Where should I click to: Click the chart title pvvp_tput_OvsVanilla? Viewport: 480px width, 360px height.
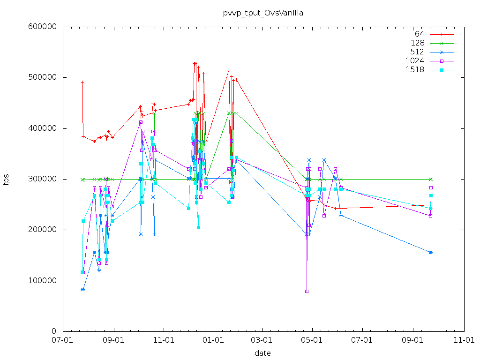263,13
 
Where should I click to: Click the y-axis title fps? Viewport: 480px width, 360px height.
6,179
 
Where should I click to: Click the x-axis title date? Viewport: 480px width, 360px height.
262,353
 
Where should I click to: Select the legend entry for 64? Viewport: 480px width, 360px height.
419,34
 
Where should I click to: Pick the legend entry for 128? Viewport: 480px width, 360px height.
417,43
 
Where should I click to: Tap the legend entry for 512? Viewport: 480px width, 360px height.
417,52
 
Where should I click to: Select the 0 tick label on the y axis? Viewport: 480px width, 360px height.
54,331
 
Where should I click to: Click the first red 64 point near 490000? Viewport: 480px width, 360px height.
82,82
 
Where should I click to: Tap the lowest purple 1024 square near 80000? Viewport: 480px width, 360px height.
307,291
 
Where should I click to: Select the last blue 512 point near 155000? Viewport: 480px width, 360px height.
431,252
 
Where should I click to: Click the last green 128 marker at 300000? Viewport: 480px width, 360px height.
431,179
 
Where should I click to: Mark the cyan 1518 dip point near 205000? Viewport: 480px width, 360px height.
198,227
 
